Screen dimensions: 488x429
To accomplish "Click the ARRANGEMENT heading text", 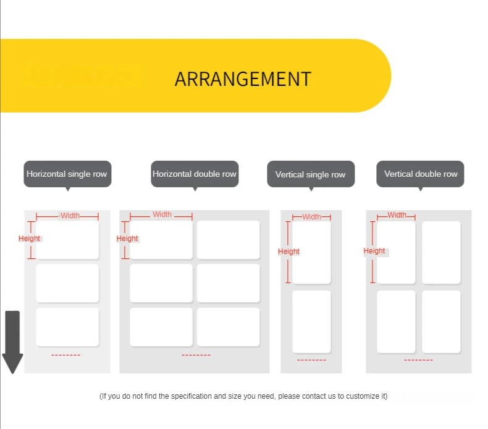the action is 243,79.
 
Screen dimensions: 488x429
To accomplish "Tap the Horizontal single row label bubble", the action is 67,174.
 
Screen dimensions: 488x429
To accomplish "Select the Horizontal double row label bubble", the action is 195,174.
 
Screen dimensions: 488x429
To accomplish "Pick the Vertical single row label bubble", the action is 310,174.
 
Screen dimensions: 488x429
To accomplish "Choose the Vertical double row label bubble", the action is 421,174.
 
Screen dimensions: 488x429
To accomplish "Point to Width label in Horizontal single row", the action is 70,216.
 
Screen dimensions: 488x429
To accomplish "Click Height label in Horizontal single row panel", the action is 29,239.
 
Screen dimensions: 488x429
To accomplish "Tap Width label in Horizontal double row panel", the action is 162,214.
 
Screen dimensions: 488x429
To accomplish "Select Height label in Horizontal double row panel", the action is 127,239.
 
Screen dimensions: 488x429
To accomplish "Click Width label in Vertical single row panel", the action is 312,217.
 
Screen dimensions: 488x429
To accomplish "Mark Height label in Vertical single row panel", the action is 288,252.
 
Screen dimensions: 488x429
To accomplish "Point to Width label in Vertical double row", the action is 397,215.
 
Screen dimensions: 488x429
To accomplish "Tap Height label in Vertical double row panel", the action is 374,251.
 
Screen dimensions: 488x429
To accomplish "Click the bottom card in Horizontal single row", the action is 67,327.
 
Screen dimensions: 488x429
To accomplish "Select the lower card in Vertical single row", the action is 311,321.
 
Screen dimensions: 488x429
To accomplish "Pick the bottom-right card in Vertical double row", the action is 441,321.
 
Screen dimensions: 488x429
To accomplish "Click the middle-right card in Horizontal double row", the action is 228,283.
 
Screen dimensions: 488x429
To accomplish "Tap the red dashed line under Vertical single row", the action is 311,360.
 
